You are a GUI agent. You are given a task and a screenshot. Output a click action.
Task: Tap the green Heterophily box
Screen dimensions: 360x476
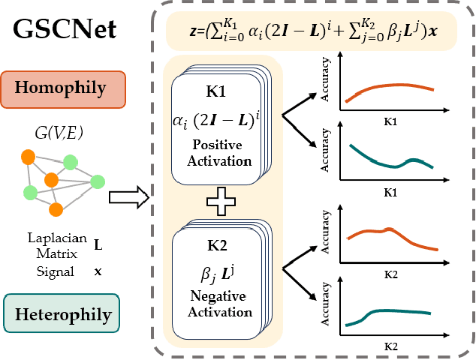click(x=68, y=313)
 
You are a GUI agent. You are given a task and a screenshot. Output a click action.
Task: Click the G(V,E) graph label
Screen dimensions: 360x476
click(x=66, y=134)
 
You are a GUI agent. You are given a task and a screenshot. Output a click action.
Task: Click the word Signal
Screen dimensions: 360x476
click(x=55, y=271)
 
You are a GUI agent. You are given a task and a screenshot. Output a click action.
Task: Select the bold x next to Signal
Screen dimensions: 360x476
click(x=98, y=271)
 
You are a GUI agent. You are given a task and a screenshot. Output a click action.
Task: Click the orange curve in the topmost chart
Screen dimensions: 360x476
click(x=390, y=85)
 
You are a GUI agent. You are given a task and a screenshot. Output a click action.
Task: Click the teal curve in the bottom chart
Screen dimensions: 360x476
click(x=390, y=310)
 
